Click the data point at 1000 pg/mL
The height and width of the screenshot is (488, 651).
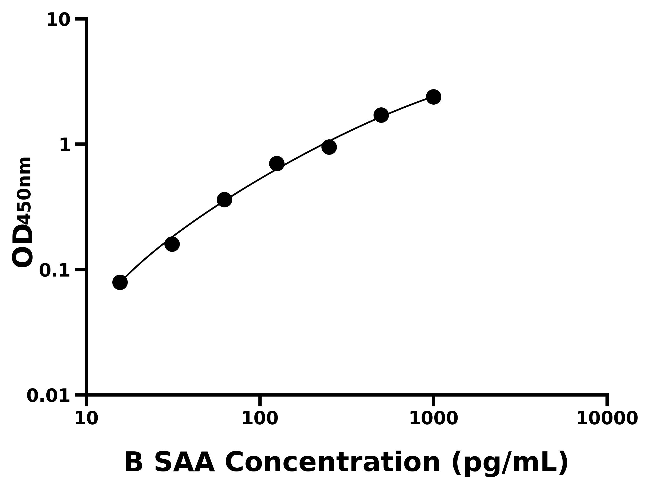433,97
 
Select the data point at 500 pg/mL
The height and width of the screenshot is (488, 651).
381,115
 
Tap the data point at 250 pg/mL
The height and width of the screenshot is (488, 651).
329,147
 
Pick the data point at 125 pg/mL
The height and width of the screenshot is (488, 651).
277,163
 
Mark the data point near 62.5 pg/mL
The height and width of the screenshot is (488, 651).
224,200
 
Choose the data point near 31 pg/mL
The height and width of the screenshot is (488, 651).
172,244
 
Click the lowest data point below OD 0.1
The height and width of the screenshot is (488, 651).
120,282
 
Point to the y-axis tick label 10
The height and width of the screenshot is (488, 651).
59,20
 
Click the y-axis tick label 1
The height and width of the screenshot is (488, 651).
65,145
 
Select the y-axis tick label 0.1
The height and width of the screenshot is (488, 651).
55,270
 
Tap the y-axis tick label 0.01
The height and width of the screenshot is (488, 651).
49,396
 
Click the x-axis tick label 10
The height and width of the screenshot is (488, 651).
86,418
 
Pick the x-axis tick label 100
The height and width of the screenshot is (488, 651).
260,418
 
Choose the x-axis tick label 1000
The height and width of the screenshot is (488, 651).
433,418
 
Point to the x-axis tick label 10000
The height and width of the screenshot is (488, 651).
607,418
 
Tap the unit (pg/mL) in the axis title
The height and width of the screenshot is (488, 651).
510,463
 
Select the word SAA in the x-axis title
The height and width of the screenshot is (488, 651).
184,463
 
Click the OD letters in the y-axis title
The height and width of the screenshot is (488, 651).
23,246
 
